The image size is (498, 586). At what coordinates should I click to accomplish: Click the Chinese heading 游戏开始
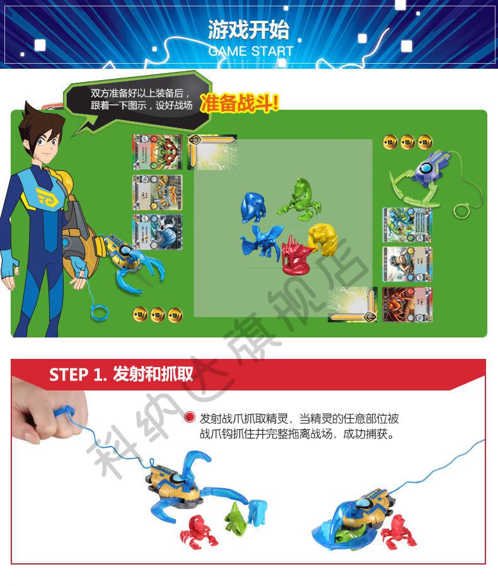pyautogui.click(x=248, y=30)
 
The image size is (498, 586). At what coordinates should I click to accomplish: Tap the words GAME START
pyautogui.click(x=251, y=51)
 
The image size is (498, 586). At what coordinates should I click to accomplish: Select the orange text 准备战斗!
pyautogui.click(x=240, y=103)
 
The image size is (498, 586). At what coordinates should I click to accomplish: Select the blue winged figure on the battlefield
pyautogui.click(x=260, y=242)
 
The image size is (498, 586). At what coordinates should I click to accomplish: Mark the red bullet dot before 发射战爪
pyautogui.click(x=190, y=418)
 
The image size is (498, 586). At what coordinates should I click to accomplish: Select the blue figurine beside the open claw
pyautogui.click(x=257, y=510)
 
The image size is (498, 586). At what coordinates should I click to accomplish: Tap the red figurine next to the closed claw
pyautogui.click(x=398, y=529)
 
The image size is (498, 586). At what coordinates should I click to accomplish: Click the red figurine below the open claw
pyautogui.click(x=199, y=530)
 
